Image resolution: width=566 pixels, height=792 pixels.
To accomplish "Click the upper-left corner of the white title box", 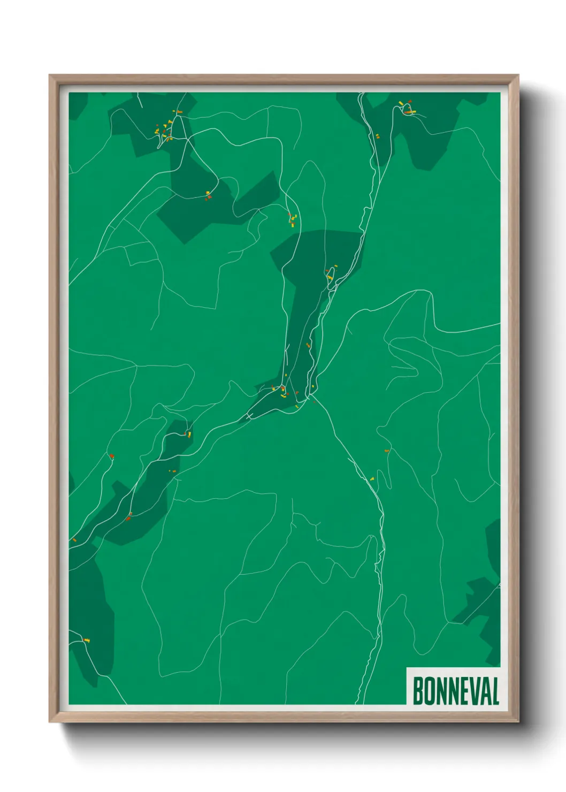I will tap(407, 667).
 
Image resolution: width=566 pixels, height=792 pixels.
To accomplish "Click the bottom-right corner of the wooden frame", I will tap(518, 722).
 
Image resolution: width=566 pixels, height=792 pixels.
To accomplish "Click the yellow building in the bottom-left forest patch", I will tap(87, 639).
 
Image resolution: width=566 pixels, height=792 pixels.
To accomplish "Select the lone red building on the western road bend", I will tap(111, 456).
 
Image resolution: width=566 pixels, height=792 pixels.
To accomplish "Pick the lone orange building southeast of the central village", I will tap(387, 451).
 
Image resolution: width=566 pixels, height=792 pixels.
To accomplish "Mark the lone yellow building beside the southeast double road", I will tap(372, 478).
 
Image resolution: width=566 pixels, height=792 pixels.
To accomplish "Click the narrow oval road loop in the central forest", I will tap(331, 274).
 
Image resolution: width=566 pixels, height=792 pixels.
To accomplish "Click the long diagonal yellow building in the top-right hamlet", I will tap(401, 103).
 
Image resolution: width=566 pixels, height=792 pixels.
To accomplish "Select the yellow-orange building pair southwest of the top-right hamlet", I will tap(377, 136).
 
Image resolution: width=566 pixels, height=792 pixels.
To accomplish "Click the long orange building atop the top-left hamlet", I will tap(180, 112).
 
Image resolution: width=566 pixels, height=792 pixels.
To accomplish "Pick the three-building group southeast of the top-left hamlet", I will tap(208, 195).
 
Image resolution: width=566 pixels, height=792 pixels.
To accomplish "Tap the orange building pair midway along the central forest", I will tap(308, 345).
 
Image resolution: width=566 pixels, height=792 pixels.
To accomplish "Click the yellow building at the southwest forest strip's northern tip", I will tap(189, 434).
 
